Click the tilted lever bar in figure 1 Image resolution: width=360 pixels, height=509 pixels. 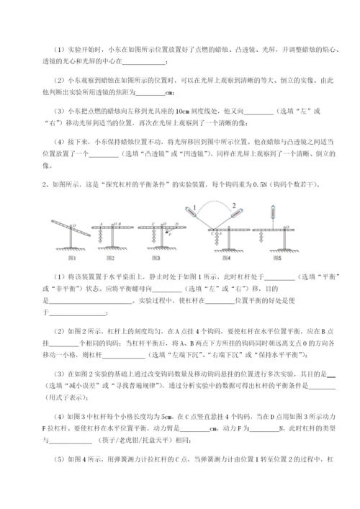[70, 232]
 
